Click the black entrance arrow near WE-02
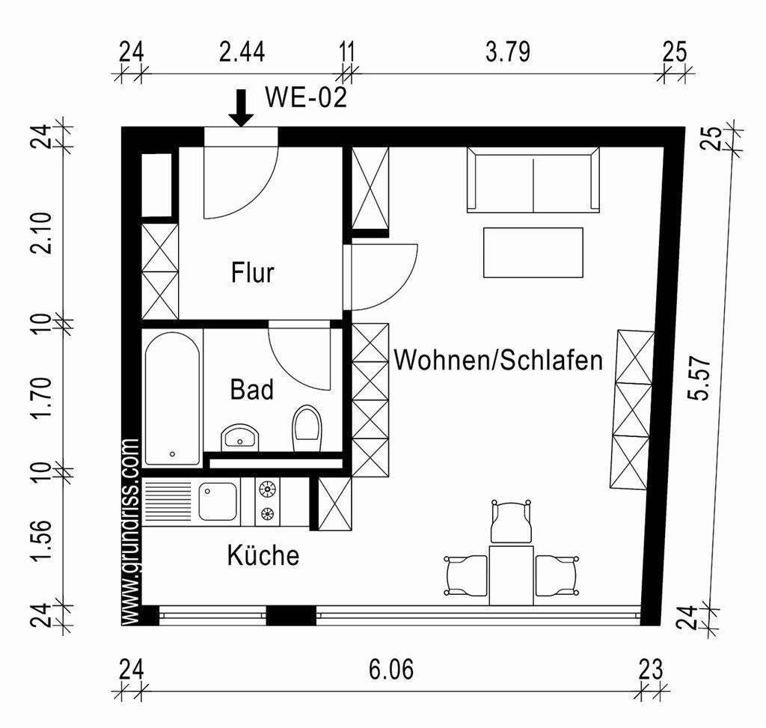pyautogui.click(x=241, y=108)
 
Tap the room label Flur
pyautogui.click(x=252, y=273)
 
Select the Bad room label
pyautogui.click(x=251, y=389)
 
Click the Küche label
pyautogui.click(x=263, y=555)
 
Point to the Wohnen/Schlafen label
pyautogui.click(x=498, y=360)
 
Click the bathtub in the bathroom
pyautogui.click(x=172, y=399)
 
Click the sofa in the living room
pyautogui.click(x=533, y=180)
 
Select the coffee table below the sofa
pyautogui.click(x=533, y=252)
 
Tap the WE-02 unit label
pyautogui.click(x=306, y=98)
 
